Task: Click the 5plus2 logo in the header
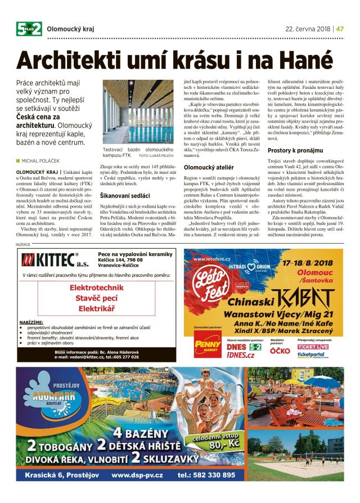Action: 29,28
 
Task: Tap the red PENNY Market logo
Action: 208,343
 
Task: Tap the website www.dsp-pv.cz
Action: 138,475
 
